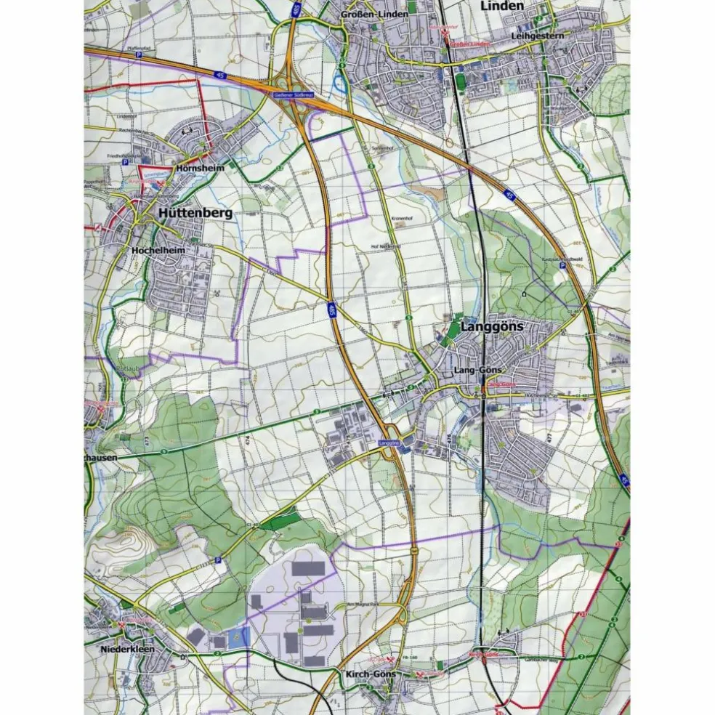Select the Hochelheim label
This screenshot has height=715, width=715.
159,250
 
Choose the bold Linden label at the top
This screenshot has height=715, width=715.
501,6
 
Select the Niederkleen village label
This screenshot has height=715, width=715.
128,649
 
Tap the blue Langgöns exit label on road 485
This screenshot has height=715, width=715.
389,442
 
